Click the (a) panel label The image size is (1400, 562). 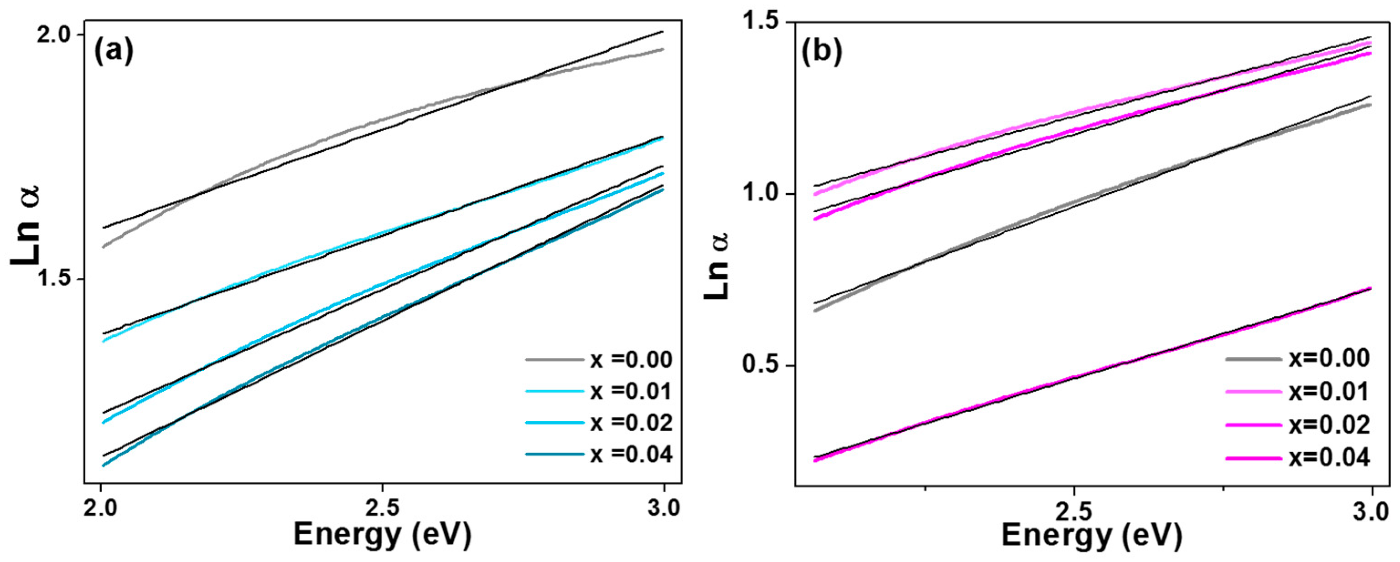pyautogui.click(x=113, y=53)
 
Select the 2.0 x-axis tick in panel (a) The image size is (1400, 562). pyautogui.click(x=101, y=509)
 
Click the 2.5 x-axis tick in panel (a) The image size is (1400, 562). pyautogui.click(x=383, y=509)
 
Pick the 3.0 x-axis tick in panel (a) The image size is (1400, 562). pyautogui.click(x=663, y=509)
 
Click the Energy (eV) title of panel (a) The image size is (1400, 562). pyautogui.click(x=383, y=534)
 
